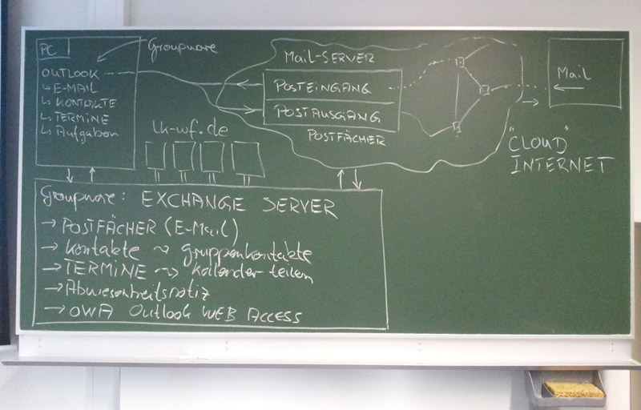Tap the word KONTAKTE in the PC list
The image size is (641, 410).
click(83, 103)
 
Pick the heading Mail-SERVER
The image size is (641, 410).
click(329, 57)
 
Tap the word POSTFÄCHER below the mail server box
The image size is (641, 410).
click(346, 139)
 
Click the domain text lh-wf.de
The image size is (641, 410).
click(190, 130)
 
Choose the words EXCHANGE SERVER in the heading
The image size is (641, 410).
click(238, 205)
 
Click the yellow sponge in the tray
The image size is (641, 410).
click(573, 390)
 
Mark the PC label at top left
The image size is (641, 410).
click(48, 50)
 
